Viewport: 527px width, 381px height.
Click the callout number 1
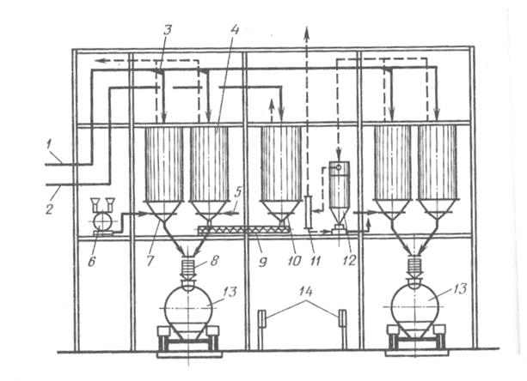(49, 145)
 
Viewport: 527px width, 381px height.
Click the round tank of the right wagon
(414, 305)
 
